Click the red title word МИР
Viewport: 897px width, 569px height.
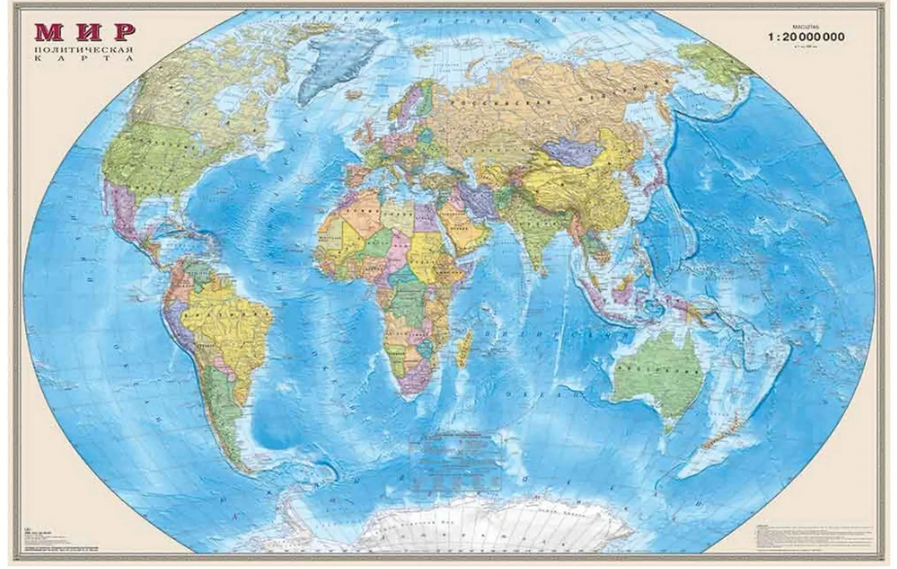[84, 32]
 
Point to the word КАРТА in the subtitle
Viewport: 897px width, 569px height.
[84, 58]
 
